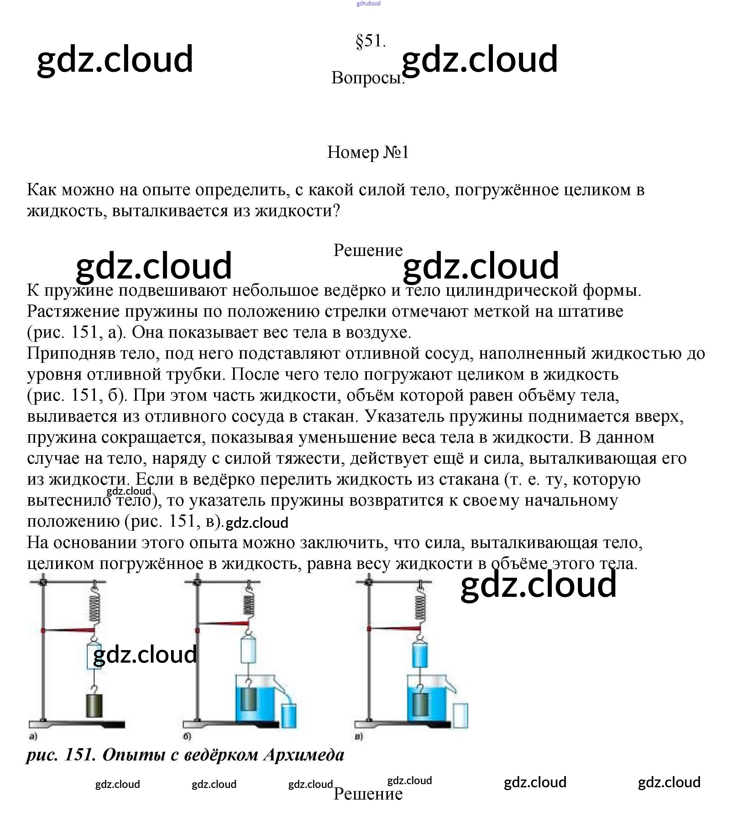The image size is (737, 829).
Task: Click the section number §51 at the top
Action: tap(370, 41)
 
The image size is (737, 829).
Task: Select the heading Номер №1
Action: tap(368, 153)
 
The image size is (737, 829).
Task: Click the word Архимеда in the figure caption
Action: tap(304, 755)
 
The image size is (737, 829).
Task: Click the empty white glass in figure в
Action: tap(460, 716)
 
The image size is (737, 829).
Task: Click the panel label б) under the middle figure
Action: tap(187, 736)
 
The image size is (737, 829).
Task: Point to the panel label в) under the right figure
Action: tap(358, 736)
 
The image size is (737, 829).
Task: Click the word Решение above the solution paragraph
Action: tap(368, 250)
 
